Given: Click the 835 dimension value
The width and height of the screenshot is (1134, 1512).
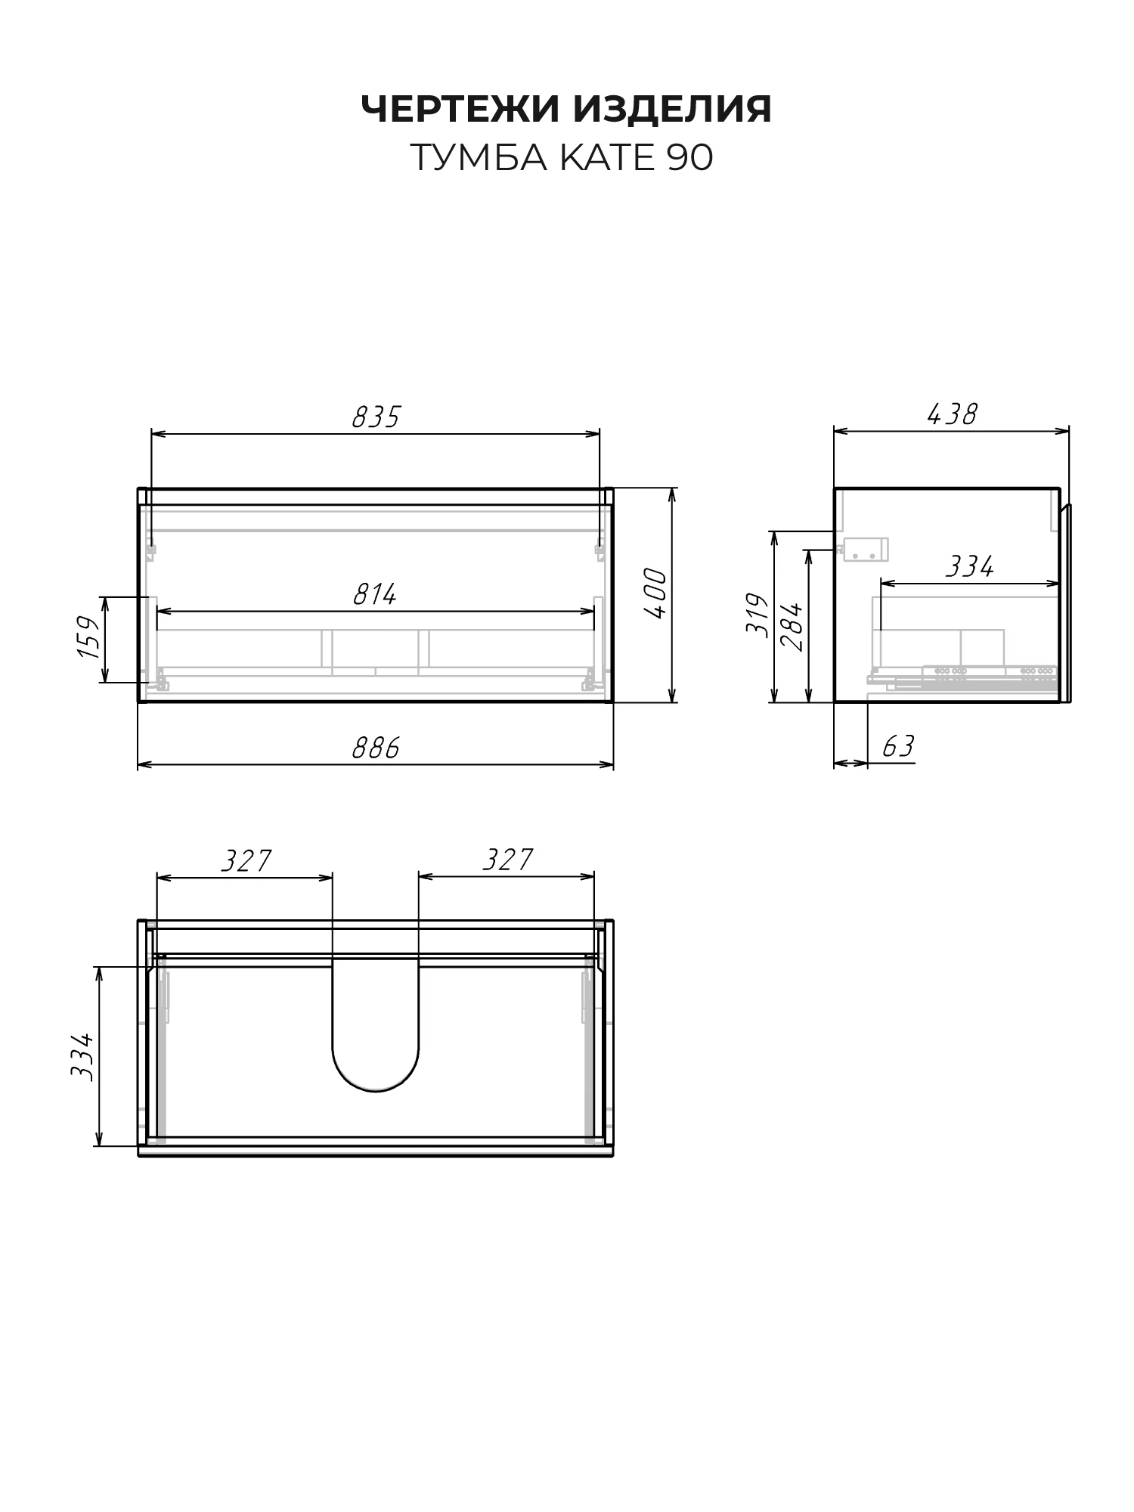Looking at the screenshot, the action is coord(376,417).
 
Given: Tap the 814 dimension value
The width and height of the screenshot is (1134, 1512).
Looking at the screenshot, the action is coord(375,594).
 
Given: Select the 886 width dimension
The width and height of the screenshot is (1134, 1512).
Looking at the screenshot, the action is coord(376,748).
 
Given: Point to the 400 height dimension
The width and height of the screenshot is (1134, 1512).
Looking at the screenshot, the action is coord(656,594).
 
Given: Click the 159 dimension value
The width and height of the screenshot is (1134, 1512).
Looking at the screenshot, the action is coord(89,637).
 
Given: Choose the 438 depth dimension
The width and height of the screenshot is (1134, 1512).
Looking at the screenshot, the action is coord(952,414).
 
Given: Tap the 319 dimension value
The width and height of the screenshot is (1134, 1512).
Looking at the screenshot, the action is coord(758,615).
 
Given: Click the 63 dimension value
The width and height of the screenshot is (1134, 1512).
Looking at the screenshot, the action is coord(898,746).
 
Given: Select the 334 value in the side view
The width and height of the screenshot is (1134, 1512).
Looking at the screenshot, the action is coord(970,566).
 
